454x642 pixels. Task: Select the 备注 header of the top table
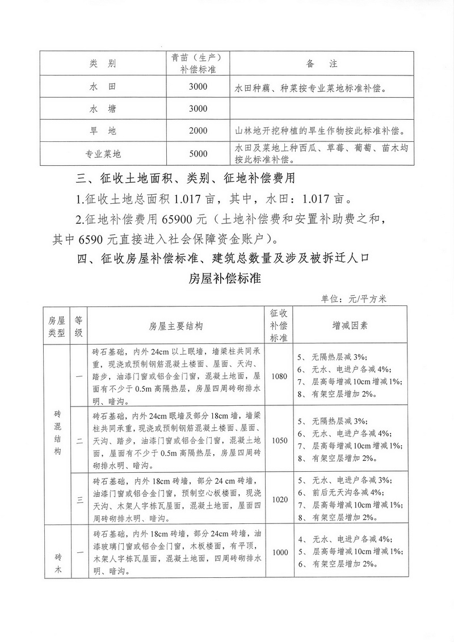tap(322, 63)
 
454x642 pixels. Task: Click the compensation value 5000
tap(199, 153)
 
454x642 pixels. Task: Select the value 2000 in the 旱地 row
tap(199, 131)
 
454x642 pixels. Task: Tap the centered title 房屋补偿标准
tap(225, 279)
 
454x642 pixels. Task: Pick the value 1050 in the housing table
tap(280, 440)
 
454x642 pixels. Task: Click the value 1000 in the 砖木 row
tap(280, 552)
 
